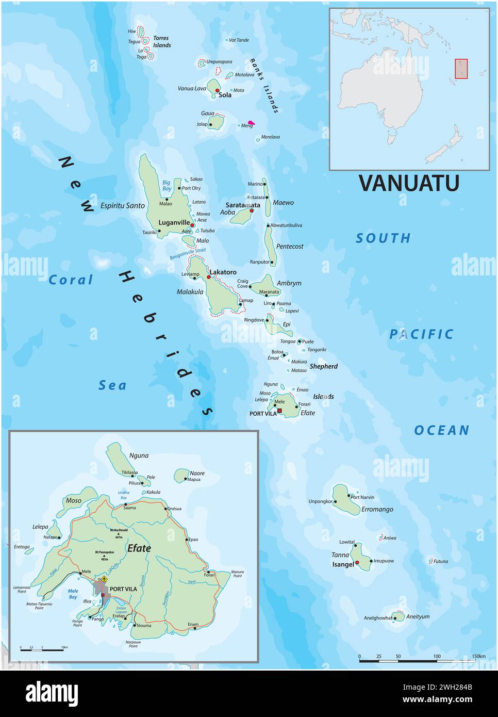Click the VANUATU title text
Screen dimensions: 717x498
tap(408, 183)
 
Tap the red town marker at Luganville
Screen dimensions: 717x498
tap(192, 225)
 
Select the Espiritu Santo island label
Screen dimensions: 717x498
tap(123, 205)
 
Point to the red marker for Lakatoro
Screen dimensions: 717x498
tap(209, 277)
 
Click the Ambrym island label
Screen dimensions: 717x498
tap(289, 283)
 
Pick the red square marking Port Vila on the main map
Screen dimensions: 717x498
tap(280, 411)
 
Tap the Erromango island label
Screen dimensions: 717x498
tap(377, 509)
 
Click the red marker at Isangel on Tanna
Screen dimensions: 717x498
tap(357, 563)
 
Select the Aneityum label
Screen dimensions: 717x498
tap(418, 616)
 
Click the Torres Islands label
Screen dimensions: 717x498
tap(161, 42)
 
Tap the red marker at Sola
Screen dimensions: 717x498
tap(217, 90)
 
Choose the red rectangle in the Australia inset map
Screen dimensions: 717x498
tap(461, 69)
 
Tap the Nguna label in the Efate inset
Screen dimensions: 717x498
tap(139, 455)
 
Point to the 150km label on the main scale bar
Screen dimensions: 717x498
tap(478, 656)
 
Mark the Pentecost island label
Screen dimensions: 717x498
tap(290, 247)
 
